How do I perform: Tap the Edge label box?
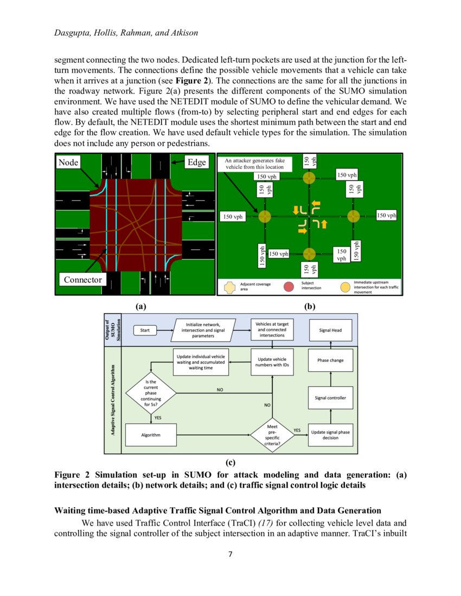(x=196, y=162)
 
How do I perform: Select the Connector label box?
(x=82, y=280)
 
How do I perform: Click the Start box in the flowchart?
(x=145, y=330)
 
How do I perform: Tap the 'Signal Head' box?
(x=330, y=330)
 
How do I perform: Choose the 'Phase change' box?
(x=330, y=360)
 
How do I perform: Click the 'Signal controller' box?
(x=330, y=398)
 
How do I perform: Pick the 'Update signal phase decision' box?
(x=330, y=435)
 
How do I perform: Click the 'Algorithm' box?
(x=150, y=435)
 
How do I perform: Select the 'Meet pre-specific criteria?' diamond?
(x=272, y=435)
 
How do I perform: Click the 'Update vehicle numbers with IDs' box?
(x=272, y=362)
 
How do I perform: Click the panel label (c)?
(x=230, y=462)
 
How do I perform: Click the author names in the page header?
(x=126, y=33)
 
